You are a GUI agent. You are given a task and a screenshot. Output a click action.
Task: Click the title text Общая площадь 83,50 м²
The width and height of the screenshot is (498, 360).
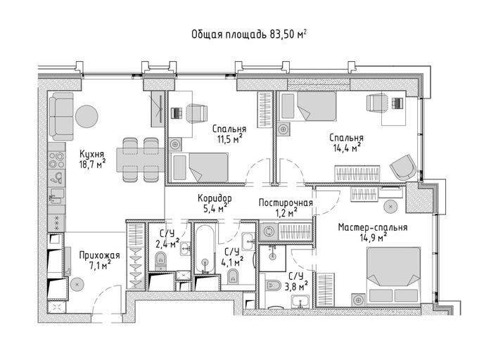point(249,34)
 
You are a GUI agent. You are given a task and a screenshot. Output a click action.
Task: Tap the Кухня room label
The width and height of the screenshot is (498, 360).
point(91,154)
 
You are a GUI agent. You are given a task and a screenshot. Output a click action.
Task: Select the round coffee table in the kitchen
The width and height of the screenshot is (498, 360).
point(86,116)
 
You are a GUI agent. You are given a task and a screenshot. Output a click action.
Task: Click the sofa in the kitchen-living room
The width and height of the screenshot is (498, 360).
point(61,116)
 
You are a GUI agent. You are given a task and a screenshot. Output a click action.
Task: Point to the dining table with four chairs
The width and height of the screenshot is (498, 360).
point(141,160)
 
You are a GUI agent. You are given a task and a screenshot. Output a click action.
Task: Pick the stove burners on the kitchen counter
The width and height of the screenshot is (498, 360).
point(56,160)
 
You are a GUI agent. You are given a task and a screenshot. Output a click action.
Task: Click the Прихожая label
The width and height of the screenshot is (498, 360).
point(99,255)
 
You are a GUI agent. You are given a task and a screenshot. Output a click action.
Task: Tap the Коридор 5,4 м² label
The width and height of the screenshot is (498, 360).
point(215,203)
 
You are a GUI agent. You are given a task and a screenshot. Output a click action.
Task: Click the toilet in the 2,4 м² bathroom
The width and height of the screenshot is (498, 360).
point(161,261)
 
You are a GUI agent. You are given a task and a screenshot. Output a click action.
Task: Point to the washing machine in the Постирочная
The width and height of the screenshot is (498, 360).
point(269,231)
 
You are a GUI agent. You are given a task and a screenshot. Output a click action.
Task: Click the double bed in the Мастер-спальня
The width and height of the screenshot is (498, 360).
point(393,275)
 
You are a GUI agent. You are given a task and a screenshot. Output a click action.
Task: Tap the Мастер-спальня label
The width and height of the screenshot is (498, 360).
point(373,227)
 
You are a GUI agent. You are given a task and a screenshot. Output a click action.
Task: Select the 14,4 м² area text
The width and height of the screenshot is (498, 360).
point(346,148)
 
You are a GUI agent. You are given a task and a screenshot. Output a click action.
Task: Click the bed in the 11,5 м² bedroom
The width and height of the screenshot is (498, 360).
point(199,167)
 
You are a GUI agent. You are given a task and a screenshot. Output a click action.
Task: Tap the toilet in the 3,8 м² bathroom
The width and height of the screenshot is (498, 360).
point(273,285)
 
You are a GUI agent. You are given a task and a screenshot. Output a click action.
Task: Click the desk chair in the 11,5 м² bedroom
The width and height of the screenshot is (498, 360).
point(196,113)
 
